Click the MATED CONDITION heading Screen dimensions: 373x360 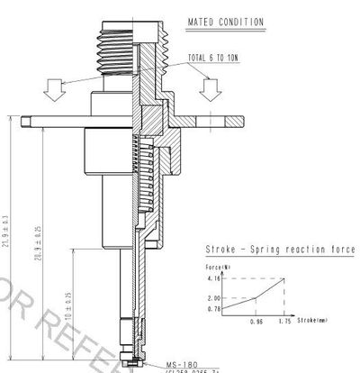(225, 22)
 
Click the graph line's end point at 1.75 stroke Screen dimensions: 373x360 (286, 278)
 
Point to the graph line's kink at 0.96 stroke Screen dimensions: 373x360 (256, 297)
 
